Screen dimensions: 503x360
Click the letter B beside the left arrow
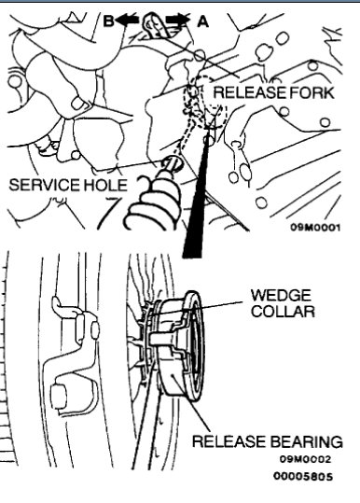(108, 19)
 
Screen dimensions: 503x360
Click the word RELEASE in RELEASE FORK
(243, 91)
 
